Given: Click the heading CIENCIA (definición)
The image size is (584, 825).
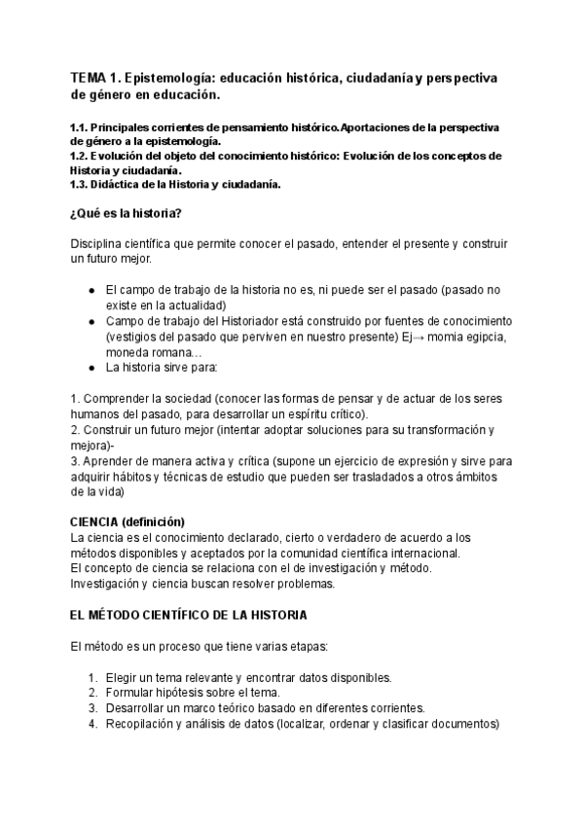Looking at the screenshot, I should click(128, 521).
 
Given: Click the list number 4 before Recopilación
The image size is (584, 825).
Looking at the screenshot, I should click(91, 724).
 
